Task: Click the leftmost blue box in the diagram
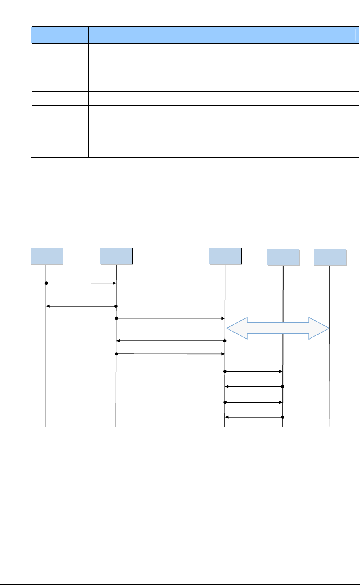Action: tap(47, 256)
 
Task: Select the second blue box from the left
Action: tap(116, 256)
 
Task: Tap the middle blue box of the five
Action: tap(225, 256)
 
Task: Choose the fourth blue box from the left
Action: tap(283, 257)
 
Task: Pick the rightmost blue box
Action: tap(330, 257)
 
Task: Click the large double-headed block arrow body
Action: tap(278, 328)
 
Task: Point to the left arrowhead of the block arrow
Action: tap(236, 328)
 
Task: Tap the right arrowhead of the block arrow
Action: tap(319, 328)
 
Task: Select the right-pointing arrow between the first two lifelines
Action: tap(81, 283)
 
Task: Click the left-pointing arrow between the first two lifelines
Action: tap(81, 306)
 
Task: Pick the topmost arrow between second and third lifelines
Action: tap(170, 318)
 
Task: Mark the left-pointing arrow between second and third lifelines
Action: tap(170, 340)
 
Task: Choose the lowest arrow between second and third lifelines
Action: tap(170, 354)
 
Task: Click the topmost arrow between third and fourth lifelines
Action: tap(253, 372)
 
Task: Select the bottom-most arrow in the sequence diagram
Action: tap(253, 417)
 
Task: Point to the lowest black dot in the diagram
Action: tap(282, 417)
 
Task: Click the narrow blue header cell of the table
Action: tap(60, 35)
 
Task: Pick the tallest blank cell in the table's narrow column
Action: tap(60, 68)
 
